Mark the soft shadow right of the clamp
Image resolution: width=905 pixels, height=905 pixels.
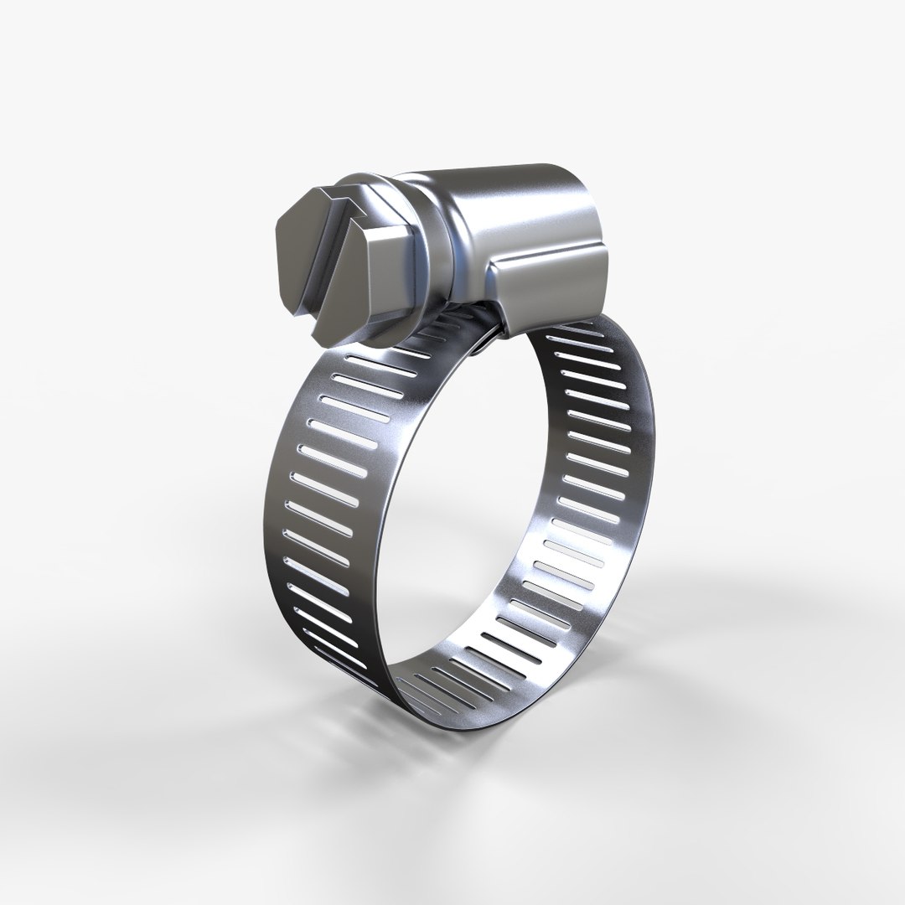pos(737,603)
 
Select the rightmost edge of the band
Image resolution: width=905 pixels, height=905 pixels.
pos(654,469)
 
